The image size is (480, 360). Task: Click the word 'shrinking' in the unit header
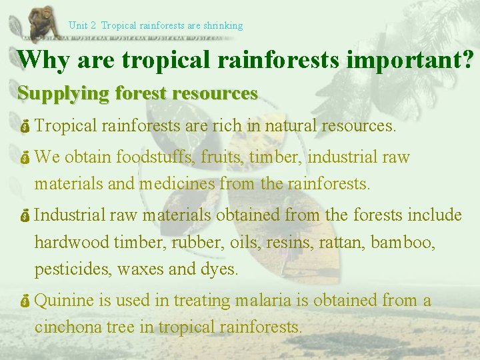point(223,25)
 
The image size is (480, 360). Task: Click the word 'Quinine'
point(64,301)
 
